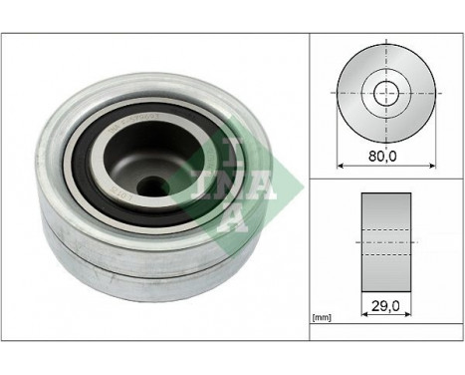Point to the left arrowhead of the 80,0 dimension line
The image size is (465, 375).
pos(342,164)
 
